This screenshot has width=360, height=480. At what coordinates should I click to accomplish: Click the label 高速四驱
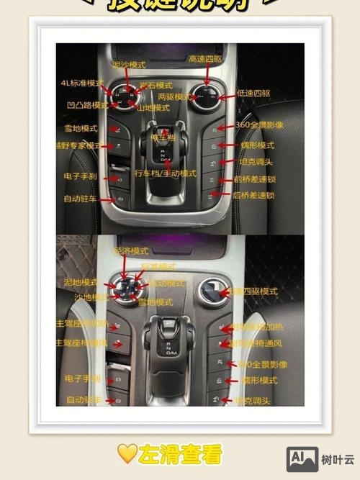point(206,58)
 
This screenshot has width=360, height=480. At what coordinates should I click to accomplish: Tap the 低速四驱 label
point(253,94)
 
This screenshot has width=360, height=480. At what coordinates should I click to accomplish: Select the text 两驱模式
point(175,96)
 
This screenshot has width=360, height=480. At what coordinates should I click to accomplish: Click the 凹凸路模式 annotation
point(83,105)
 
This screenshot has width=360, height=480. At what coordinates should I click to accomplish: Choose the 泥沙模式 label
point(132,65)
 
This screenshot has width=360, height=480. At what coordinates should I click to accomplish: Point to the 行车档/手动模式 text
point(166,173)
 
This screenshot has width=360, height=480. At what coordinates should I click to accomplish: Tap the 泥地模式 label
point(80,282)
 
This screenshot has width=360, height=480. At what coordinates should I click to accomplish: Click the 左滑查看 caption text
point(180,454)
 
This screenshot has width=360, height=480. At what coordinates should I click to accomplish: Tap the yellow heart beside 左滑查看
point(127,454)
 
